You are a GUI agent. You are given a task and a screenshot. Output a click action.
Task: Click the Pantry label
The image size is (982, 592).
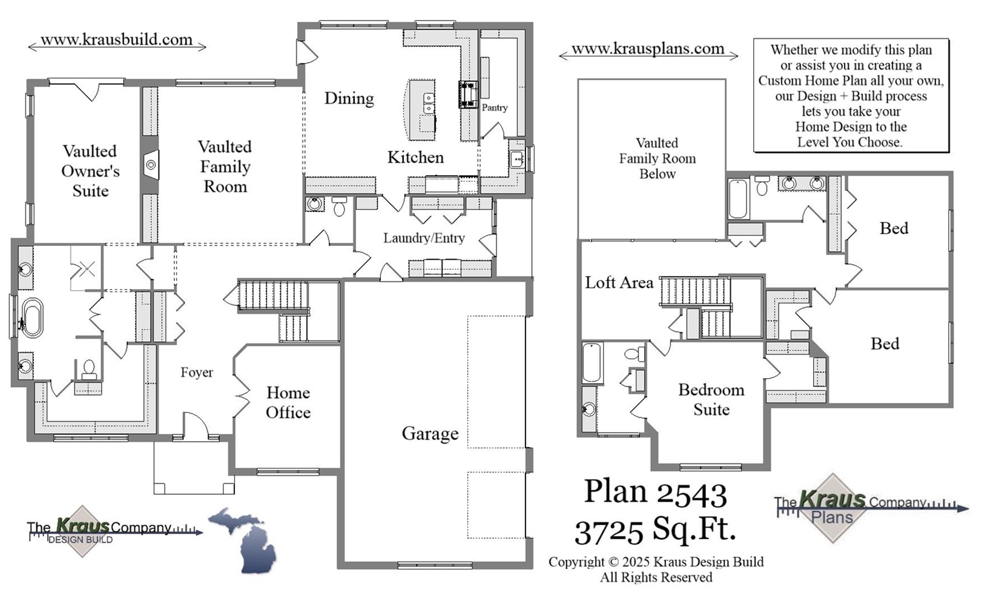(494, 108)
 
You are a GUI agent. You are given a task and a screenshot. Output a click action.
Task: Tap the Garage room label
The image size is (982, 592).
(430, 434)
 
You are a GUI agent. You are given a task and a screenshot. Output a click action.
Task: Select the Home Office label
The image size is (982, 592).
(288, 403)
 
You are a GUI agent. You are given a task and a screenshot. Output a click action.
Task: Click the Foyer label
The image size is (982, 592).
(197, 373)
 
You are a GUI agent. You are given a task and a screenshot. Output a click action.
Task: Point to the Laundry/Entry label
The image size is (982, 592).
(424, 238)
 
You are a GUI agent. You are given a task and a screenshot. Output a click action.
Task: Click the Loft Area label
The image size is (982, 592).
(619, 283)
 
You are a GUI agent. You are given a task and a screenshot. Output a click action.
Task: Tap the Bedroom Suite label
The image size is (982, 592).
(711, 400)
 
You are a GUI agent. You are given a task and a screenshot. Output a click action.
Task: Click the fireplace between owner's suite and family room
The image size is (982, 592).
(150, 165)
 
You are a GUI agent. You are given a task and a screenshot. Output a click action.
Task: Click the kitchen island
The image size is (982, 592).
(421, 110)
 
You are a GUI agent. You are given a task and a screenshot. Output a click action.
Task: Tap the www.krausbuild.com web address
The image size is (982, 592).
(116, 40)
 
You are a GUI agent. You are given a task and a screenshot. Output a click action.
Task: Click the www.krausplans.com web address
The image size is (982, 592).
(648, 49)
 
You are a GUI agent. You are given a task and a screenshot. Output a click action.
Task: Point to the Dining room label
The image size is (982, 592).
(349, 98)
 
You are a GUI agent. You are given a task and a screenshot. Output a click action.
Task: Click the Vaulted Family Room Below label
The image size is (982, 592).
(657, 159)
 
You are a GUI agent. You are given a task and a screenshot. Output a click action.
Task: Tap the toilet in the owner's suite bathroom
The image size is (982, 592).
(88, 369)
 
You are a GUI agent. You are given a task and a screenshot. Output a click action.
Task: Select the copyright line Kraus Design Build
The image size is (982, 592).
(656, 562)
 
